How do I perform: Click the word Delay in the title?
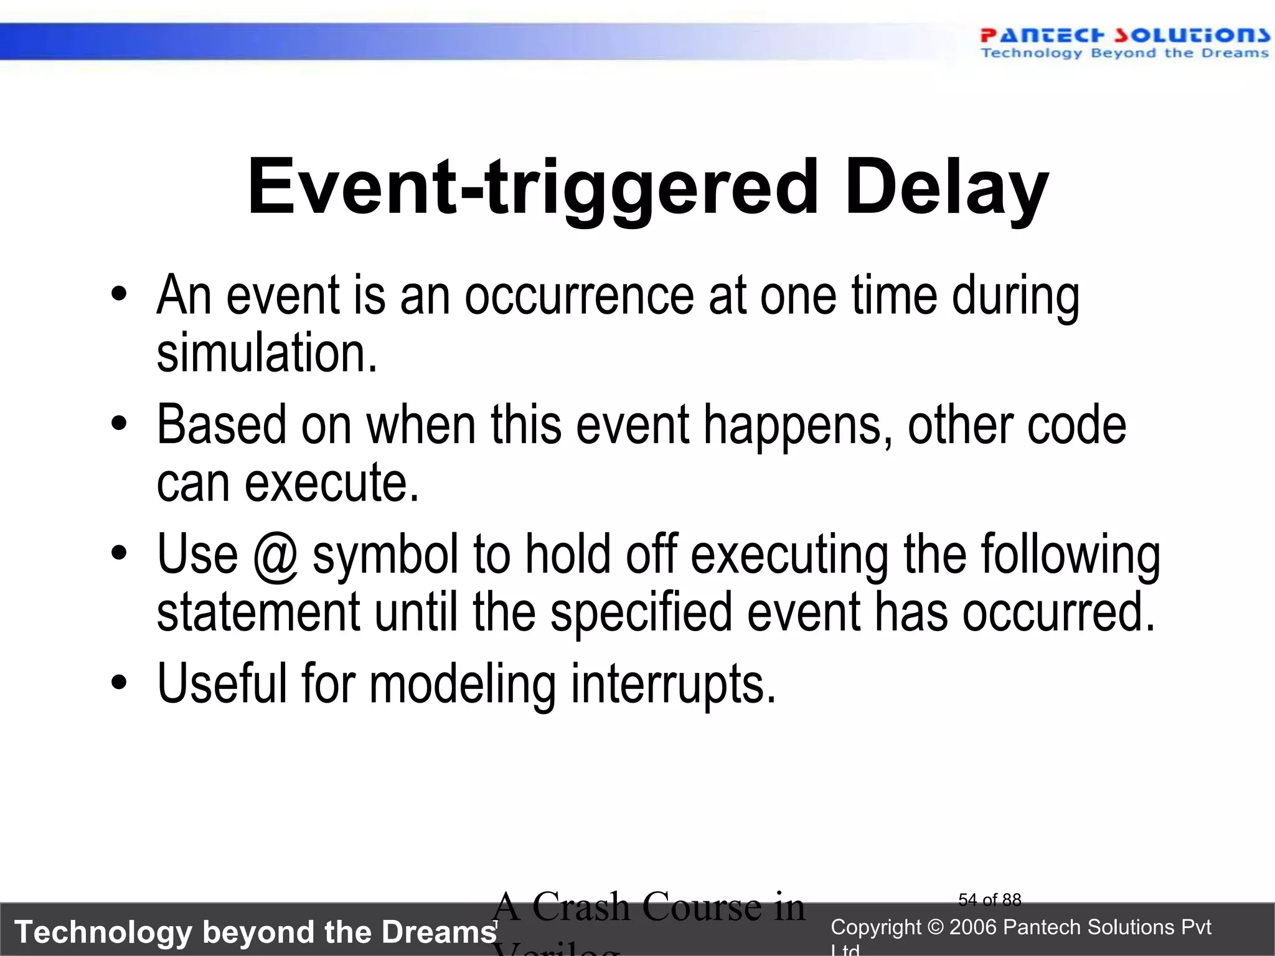[946, 187]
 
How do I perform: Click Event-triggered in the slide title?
[532, 187]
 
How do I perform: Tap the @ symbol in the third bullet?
[275, 556]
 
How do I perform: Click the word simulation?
[266, 354]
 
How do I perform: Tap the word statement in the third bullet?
[258, 612]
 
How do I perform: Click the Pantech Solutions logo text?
[1124, 36]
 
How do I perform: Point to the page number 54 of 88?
[989, 900]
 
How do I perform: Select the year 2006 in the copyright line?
[974, 927]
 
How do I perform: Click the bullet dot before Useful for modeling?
[119, 683]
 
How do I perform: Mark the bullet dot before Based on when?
[119, 424]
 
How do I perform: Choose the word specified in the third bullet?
[641, 612]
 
